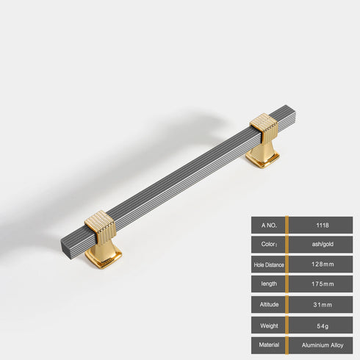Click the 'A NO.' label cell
[267, 225]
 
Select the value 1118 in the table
[321, 225]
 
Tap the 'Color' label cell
[267, 245]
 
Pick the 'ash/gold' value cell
[321, 245]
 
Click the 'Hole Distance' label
[267, 264]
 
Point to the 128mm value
[321, 264]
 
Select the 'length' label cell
[267, 284]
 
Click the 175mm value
[321, 284]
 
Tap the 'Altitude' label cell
[267, 304]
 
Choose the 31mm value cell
[321, 304]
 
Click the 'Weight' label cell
[267, 324]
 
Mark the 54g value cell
[321, 324]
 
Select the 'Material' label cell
[267, 344]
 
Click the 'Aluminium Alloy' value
[321, 344]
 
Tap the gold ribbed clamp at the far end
[264, 129]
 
